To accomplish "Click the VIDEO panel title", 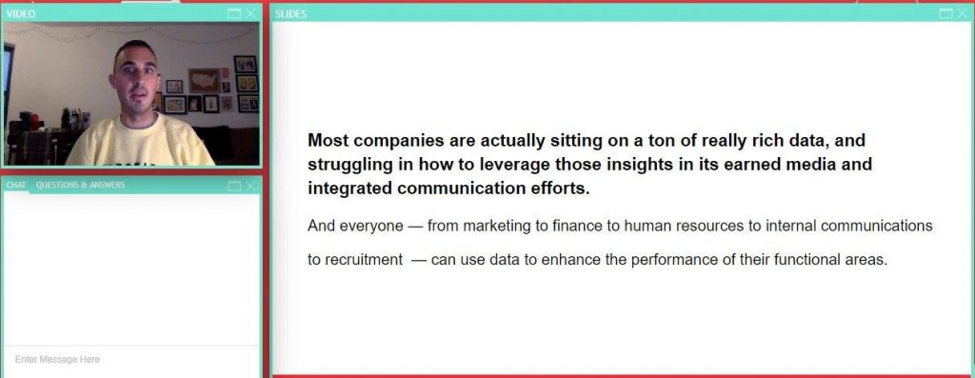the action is [x=21, y=13].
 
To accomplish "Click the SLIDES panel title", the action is [x=291, y=13].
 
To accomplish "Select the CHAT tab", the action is [x=16, y=185].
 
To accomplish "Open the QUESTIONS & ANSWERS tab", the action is [x=80, y=185].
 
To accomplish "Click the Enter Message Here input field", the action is [x=131, y=359].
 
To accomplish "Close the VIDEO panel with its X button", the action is [x=250, y=13].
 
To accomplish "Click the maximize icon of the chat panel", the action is [x=234, y=186].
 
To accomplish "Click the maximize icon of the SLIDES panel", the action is [x=945, y=13].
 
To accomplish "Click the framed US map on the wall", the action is [x=205, y=80].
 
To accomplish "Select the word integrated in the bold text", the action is [x=350, y=189].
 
